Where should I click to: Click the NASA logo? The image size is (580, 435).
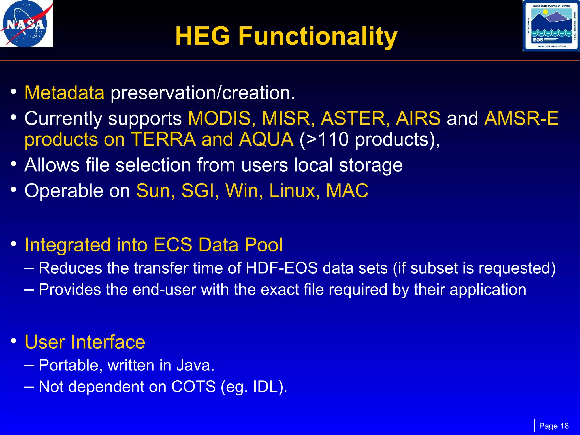[x=26, y=24]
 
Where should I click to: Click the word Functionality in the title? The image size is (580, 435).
[x=318, y=36]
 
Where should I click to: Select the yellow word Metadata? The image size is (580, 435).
[x=65, y=93]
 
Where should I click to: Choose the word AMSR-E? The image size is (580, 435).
[x=521, y=118]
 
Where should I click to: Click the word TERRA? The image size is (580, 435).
[x=163, y=139]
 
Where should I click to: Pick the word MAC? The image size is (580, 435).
[x=347, y=191]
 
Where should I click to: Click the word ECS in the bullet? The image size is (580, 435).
[x=173, y=245]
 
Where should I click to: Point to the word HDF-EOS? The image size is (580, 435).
[x=282, y=268]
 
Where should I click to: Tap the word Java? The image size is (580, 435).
[x=195, y=365]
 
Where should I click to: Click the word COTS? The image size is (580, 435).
[x=193, y=387]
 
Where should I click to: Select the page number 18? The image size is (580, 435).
[x=564, y=426]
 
